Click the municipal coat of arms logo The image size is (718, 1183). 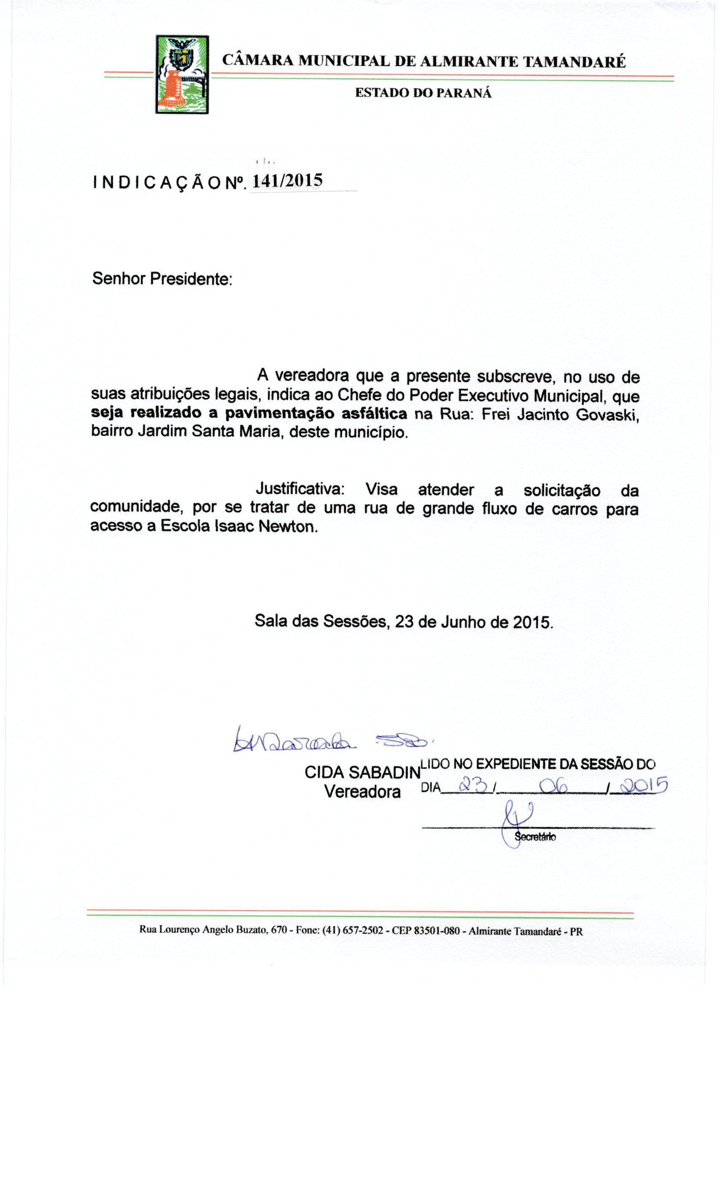pyautogui.click(x=182, y=74)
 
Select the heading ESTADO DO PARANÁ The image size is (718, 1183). pyautogui.click(x=423, y=93)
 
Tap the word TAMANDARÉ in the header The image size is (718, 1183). pyautogui.click(x=574, y=62)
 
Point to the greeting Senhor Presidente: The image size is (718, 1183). pyautogui.click(x=162, y=278)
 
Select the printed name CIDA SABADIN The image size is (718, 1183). pyautogui.click(x=362, y=772)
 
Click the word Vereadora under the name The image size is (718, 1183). pyautogui.click(x=362, y=791)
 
